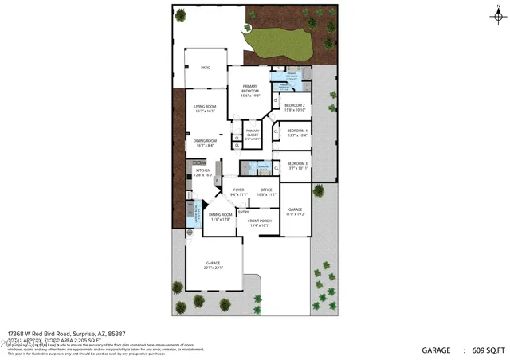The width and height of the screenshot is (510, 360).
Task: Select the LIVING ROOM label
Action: [206, 107]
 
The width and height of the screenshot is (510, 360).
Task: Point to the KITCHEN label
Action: [203, 170]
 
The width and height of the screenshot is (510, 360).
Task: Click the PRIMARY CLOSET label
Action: [253, 131]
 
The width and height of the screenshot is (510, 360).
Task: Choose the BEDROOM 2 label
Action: [295, 105]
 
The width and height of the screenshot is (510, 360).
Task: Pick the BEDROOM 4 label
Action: [297, 131]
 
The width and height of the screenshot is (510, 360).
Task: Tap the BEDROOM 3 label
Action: [297, 164]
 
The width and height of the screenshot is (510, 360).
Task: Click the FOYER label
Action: [239, 190]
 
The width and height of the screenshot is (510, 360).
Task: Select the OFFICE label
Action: [266, 190]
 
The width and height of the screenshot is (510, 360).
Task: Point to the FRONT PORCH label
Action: [261, 221]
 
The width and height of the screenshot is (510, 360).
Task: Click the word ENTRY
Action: [244, 212]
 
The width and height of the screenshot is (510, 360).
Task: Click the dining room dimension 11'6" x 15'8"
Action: [220, 219]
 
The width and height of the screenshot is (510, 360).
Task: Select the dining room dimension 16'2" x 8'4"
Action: [206, 146]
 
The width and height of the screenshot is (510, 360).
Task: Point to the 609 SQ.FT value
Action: [487, 350]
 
